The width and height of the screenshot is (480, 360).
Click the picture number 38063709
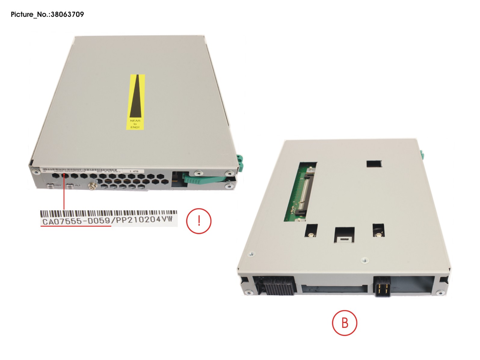pyautogui.click(x=67, y=14)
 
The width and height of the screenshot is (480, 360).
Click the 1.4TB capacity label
pyautogui.click(x=134, y=171)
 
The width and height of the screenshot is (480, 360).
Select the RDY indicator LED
pyautogui.click(x=50, y=186)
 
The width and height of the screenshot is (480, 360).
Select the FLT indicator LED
pyautogui.click(x=70, y=186)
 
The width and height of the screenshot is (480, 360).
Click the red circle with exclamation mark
pyautogui.click(x=199, y=221)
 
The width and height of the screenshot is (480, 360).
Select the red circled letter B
pyautogui.click(x=345, y=323)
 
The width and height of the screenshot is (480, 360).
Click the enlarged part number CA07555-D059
pyautogui.click(x=76, y=221)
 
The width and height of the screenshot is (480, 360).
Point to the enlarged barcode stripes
pyautogui.click(x=108, y=214)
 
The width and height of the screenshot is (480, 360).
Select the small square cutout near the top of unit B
pyautogui.click(x=374, y=164)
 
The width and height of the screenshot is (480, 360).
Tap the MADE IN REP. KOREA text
pyautogui.click(x=109, y=172)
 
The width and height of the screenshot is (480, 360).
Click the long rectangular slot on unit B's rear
pyautogui.click(x=334, y=289)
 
